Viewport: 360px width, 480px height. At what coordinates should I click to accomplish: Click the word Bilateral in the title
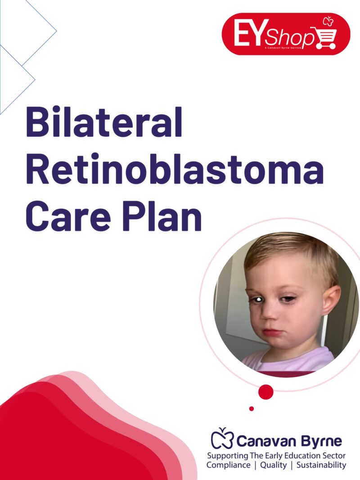104,122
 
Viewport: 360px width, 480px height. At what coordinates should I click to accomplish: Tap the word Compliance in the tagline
228,465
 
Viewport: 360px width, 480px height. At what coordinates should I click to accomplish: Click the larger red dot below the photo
266,392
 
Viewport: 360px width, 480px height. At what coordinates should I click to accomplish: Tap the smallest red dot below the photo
252,408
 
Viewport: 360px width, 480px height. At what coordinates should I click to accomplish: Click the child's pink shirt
292,360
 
